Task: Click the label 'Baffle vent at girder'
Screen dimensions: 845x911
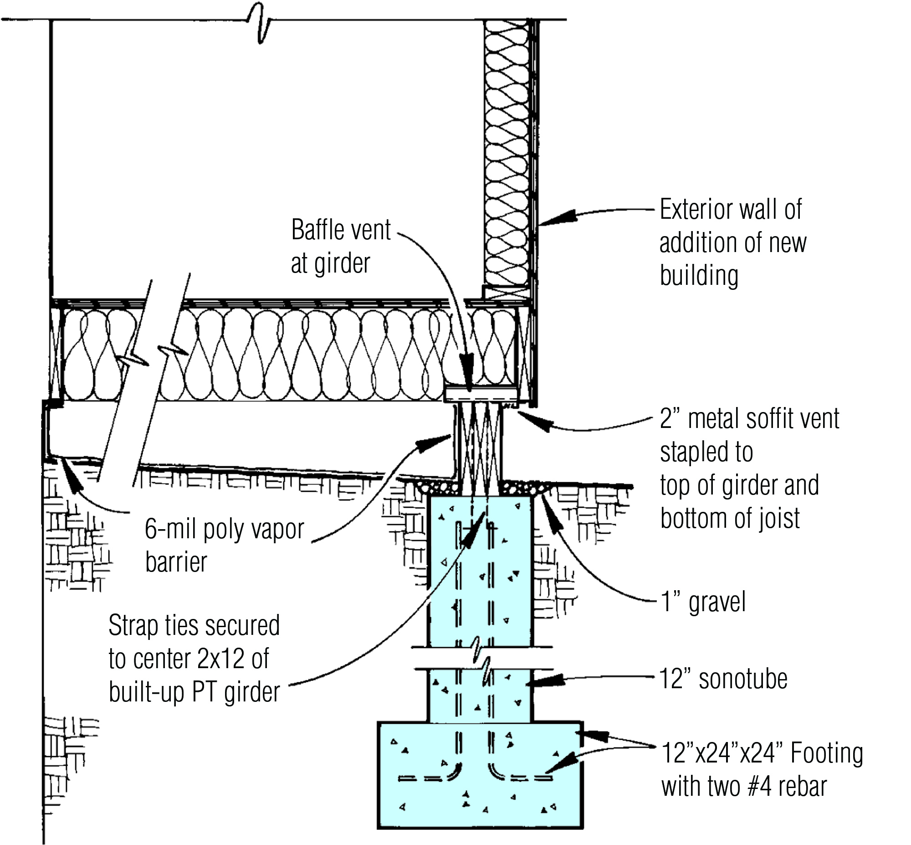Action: pyautogui.click(x=340, y=247)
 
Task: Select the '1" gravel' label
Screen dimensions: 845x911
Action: pyautogui.click(x=703, y=602)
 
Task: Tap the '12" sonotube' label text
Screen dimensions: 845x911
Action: pyautogui.click(x=723, y=679)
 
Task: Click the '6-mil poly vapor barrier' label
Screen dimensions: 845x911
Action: pyautogui.click(x=224, y=545)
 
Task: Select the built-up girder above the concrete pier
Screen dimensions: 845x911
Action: pyautogui.click(x=478, y=443)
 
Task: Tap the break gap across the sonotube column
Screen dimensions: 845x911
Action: pyautogui.click(x=480, y=659)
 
